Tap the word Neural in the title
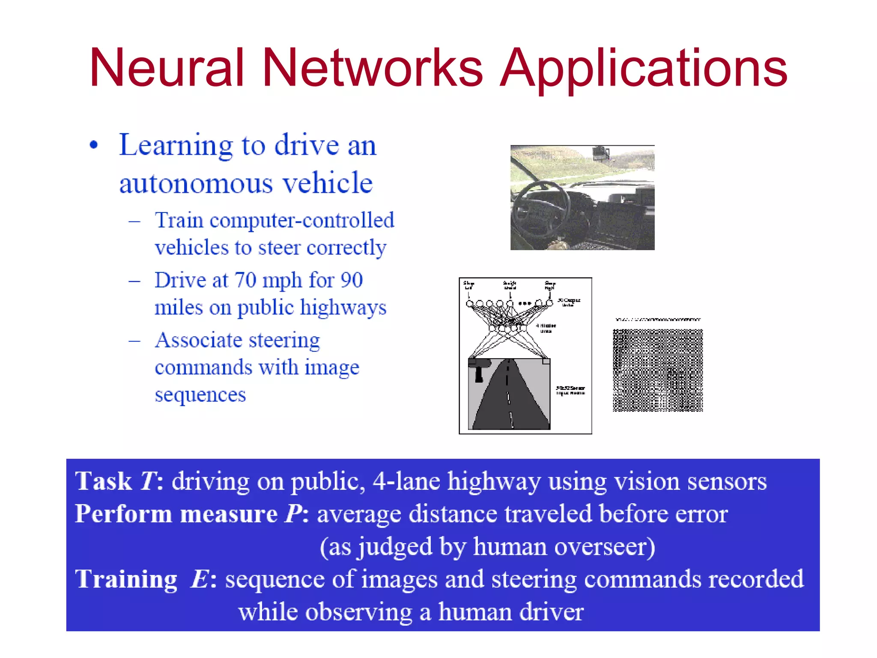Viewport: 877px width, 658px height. click(x=167, y=68)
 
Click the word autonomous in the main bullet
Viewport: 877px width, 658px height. click(x=196, y=183)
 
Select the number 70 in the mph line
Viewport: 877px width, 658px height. click(x=245, y=281)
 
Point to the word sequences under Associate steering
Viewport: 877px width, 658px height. click(x=200, y=395)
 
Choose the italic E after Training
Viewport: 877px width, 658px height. click(x=200, y=579)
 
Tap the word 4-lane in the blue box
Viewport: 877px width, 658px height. click(x=406, y=481)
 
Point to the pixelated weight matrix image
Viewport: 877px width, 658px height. click(x=658, y=370)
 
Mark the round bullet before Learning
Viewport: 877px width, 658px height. click(x=94, y=145)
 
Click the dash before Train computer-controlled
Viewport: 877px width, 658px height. click(x=134, y=221)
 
